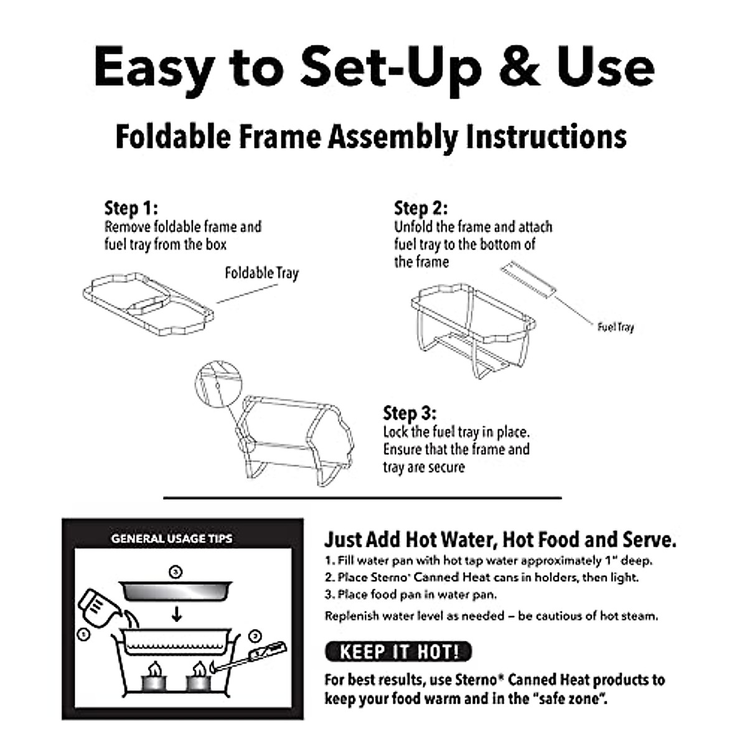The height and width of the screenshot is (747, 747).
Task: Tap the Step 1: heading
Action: pyautogui.click(x=131, y=207)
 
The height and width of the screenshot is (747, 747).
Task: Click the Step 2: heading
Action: pyautogui.click(x=421, y=207)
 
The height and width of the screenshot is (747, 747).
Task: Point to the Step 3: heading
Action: pyautogui.click(x=410, y=413)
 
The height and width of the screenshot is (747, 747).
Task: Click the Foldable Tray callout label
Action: pyautogui.click(x=261, y=273)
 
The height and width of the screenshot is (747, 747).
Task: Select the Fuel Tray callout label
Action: pyautogui.click(x=615, y=327)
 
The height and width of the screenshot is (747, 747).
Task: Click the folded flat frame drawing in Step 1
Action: pyautogui.click(x=148, y=305)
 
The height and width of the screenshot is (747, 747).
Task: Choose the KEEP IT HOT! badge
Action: pyautogui.click(x=398, y=652)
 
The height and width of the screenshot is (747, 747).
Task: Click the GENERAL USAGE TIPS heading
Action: pyautogui.click(x=172, y=538)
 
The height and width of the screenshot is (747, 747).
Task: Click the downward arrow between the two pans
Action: pyautogui.click(x=177, y=614)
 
